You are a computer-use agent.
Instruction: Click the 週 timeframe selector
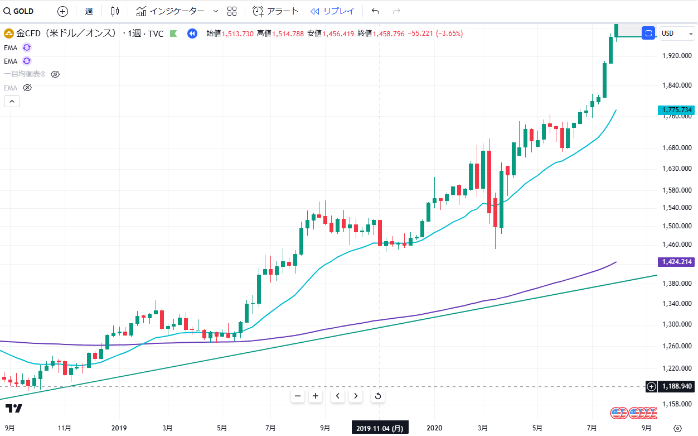point(89,11)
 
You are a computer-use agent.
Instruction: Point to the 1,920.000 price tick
point(677,56)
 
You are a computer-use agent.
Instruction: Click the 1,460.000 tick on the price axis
point(677,244)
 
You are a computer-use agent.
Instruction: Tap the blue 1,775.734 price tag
point(677,110)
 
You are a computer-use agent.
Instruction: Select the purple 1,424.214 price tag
point(677,262)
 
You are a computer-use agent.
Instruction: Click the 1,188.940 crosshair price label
point(677,386)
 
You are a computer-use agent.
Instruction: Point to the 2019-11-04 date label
point(380,428)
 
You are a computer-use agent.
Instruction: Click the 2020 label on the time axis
point(434,428)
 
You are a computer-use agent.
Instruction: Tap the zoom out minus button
point(298,396)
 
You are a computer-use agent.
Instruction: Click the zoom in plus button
point(316,396)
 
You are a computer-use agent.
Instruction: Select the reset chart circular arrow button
point(377,396)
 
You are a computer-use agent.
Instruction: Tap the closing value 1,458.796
point(389,33)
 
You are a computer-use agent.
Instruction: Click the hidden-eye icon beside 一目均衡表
point(55,74)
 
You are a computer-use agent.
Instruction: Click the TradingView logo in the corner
point(14,409)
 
